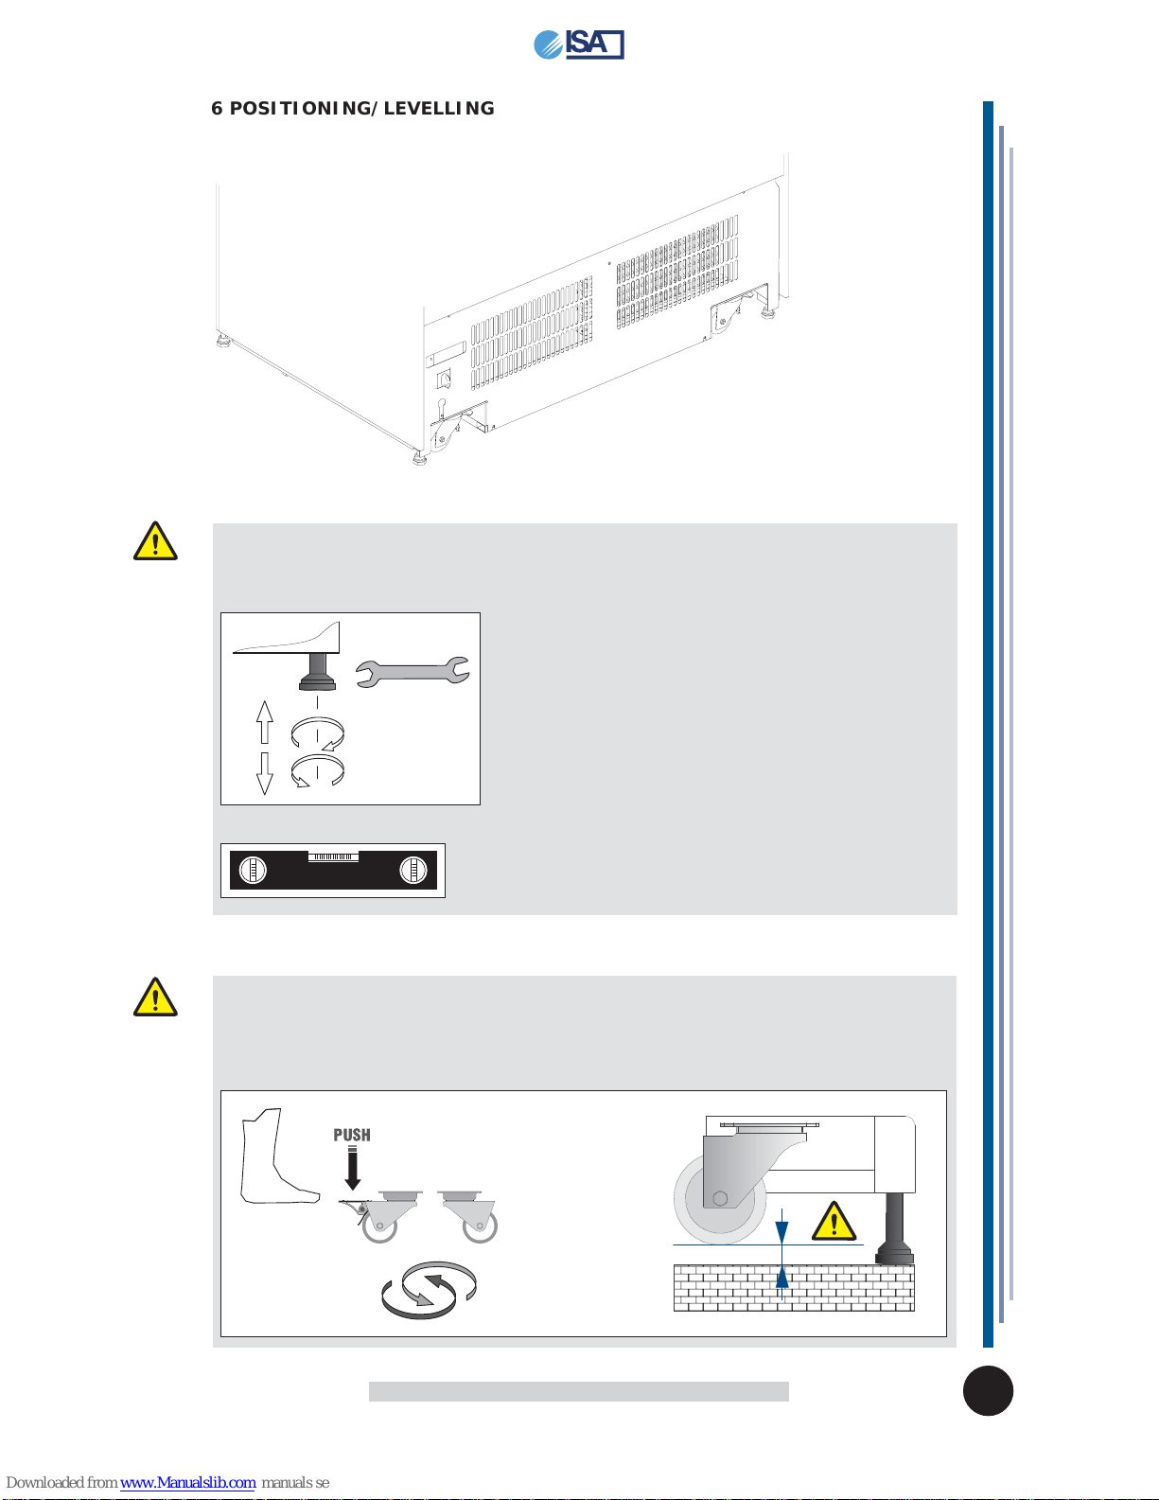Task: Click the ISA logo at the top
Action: tap(579, 44)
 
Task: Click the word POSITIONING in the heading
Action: tap(300, 109)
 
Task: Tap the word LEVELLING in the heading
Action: tap(439, 109)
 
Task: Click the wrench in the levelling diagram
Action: tap(413, 672)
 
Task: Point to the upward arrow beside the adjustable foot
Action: tap(264, 721)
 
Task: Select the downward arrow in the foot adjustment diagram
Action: tap(264, 773)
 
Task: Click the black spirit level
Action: tap(333, 870)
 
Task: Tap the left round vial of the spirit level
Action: tap(253, 870)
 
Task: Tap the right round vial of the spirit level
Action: tap(413, 870)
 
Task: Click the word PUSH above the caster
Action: tap(352, 1136)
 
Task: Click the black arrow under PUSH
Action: tap(353, 1168)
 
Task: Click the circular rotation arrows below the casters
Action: tap(429, 1290)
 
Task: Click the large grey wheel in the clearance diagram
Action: tap(720, 1199)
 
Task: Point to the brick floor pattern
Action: tap(794, 1288)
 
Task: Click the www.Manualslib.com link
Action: tap(187, 1483)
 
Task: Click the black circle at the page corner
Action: tap(988, 1391)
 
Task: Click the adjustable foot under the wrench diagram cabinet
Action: tap(317, 672)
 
